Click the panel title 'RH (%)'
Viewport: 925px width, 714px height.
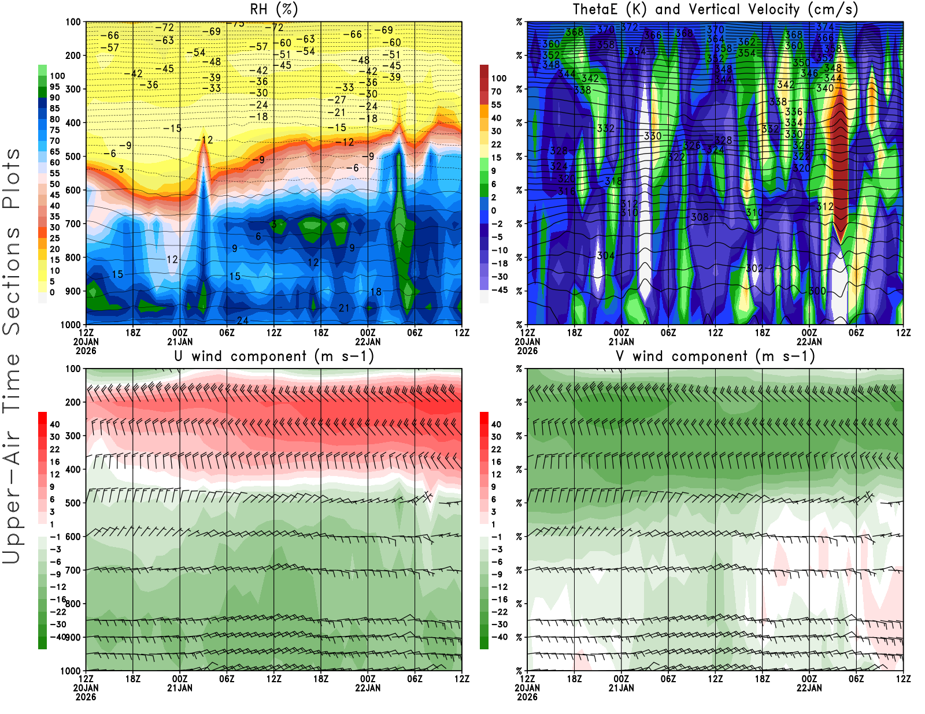tap(273, 9)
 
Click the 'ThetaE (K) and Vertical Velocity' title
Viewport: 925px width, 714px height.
tap(715, 9)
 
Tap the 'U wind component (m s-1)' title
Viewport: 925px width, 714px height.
tap(274, 356)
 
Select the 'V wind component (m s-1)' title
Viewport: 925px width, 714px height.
tap(715, 356)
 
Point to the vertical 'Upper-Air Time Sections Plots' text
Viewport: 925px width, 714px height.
tap(12, 356)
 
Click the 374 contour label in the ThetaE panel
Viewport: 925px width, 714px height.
tap(824, 27)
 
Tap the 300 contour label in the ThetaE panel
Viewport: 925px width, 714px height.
tap(817, 291)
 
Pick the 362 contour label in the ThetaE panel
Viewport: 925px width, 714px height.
tap(746, 42)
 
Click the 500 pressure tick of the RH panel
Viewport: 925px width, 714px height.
tap(73, 157)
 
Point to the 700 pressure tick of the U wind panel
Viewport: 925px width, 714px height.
tap(73, 570)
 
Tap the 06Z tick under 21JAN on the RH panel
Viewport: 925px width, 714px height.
tap(227, 333)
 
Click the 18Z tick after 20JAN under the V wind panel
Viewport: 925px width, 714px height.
tap(574, 679)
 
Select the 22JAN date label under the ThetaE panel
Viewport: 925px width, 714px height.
tap(809, 341)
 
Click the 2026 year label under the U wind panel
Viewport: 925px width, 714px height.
tap(86, 697)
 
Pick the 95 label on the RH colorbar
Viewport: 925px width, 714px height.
tap(54, 87)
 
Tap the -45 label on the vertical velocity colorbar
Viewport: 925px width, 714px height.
tap(499, 290)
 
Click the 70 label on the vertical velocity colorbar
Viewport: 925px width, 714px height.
tap(496, 91)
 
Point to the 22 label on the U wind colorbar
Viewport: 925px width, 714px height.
tap(54, 449)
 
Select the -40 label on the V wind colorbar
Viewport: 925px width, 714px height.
tap(499, 637)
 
